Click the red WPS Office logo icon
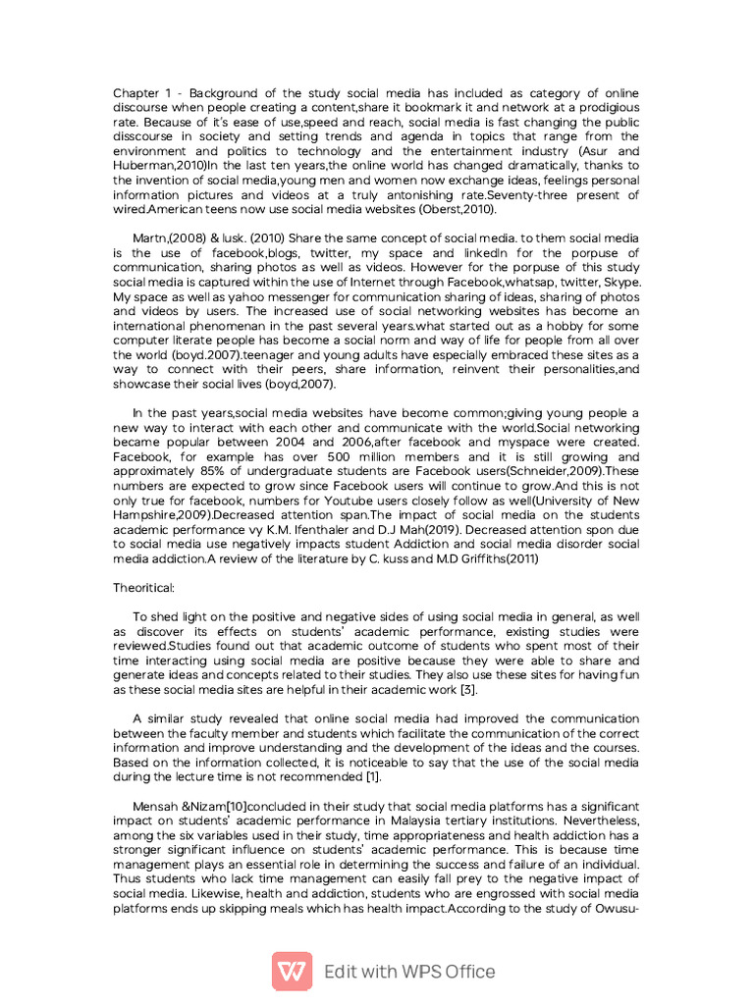click(x=292, y=972)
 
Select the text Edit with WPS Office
click(x=409, y=972)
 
